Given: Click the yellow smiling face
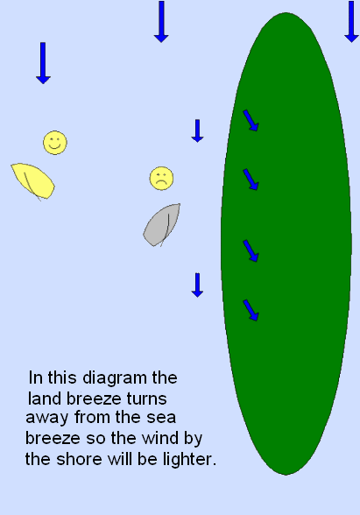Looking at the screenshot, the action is [x=55, y=143].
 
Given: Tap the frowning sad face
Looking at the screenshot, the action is [x=161, y=179].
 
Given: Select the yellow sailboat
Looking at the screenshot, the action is [x=33, y=181].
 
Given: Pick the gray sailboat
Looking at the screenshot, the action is [x=162, y=225].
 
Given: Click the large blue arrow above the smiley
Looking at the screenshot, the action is [x=43, y=63].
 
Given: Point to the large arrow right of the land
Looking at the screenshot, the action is [x=351, y=22].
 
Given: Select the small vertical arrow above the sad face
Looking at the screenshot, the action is [x=197, y=131].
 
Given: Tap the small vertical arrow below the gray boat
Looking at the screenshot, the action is [x=197, y=286].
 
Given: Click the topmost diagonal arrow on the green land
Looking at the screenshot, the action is [x=251, y=120].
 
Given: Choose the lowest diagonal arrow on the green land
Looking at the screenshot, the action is [x=251, y=310].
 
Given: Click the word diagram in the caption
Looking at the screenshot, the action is [x=114, y=378].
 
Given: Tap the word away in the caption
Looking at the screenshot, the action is [x=47, y=418].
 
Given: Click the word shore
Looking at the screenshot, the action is [x=79, y=459].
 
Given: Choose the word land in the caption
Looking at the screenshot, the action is [x=46, y=399].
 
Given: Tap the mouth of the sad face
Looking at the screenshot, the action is [x=161, y=182].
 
